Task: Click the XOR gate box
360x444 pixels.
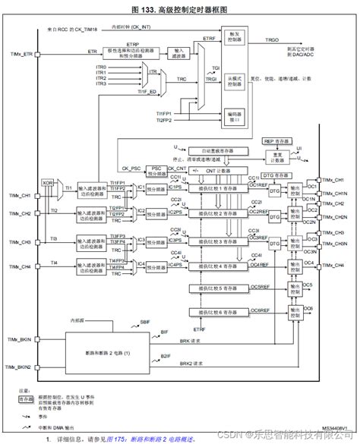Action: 48,183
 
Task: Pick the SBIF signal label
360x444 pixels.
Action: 144,323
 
